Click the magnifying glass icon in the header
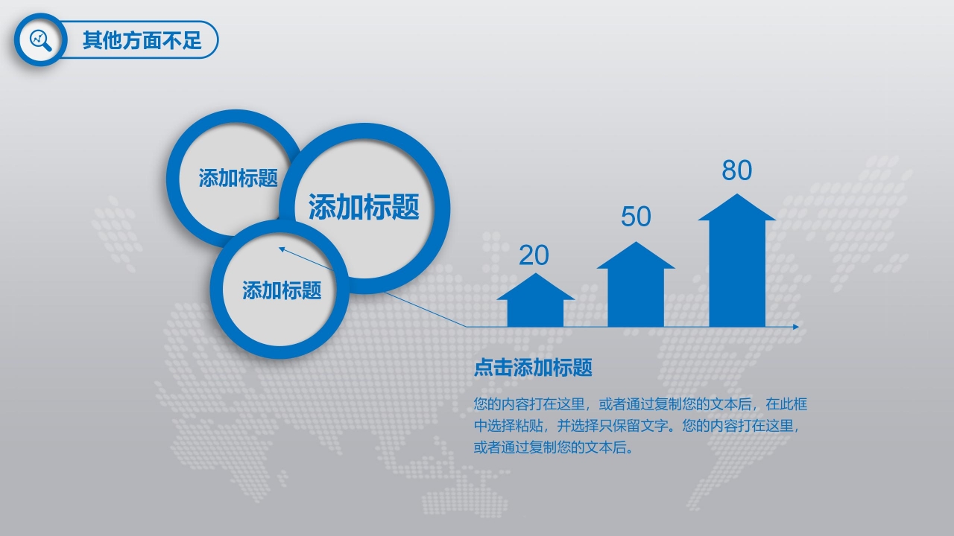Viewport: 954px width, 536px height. [x=40, y=39]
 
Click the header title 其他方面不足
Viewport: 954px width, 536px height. [x=142, y=40]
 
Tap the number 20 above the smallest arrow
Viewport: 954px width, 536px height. [x=534, y=255]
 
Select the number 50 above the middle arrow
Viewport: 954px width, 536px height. [x=636, y=217]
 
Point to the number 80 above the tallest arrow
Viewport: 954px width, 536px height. [x=736, y=170]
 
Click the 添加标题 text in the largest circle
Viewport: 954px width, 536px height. [x=364, y=207]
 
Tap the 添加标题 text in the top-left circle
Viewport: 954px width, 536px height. [x=238, y=178]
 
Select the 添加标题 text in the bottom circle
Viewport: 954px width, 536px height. [x=282, y=290]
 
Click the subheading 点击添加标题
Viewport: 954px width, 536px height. [x=533, y=367]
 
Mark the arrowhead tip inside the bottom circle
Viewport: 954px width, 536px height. [x=281, y=249]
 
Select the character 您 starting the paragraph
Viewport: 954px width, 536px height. [x=481, y=405]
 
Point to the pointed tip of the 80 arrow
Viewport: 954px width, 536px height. [x=736, y=195]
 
